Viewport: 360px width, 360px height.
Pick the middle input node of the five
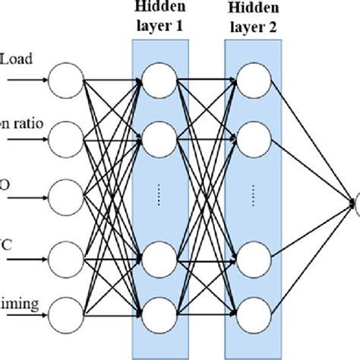click(63, 194)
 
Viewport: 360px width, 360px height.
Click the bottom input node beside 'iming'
click(63, 310)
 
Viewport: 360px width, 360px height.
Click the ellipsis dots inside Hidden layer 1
click(159, 194)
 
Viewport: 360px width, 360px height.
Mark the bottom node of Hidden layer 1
click(159, 310)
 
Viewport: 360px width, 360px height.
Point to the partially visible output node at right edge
click(356, 201)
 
